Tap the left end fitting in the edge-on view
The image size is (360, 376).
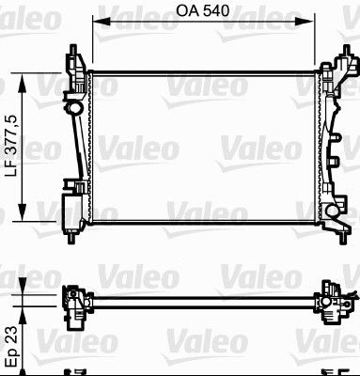(73, 299)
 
